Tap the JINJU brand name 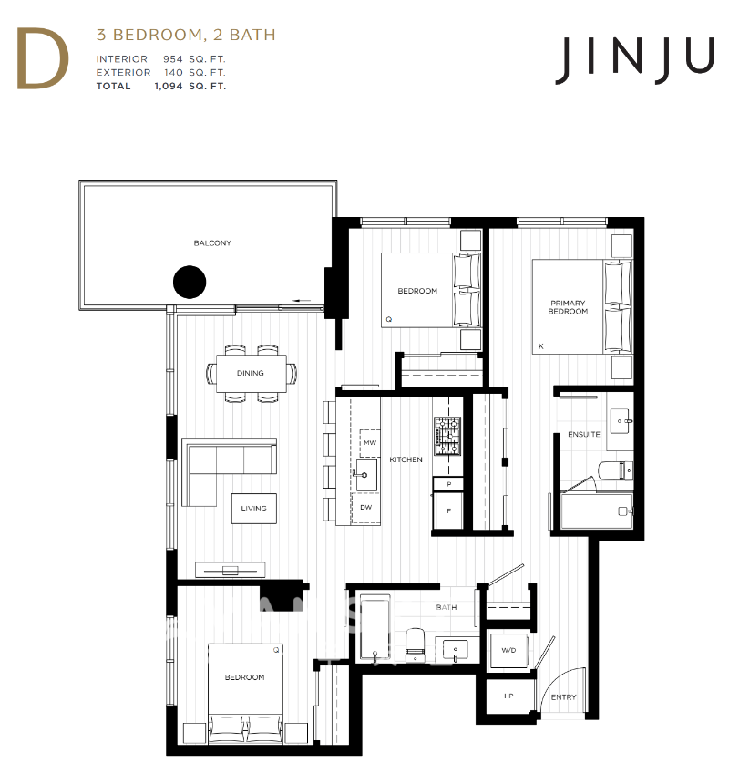(x=634, y=60)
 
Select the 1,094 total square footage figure (x=169, y=86)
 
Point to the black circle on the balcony (x=190, y=282)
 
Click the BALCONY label (x=212, y=242)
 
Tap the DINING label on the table (x=251, y=373)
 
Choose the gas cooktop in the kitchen (x=447, y=436)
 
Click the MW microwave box (x=370, y=443)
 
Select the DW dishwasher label (x=365, y=507)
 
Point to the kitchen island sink (x=364, y=475)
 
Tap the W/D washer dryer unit (x=508, y=651)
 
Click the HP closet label (x=508, y=696)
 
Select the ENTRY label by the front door (x=564, y=696)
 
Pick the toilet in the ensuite (x=616, y=470)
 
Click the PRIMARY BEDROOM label (x=568, y=307)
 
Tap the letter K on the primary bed (x=540, y=346)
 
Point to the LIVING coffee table (x=254, y=509)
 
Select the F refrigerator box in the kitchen (x=448, y=510)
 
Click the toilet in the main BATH (x=416, y=644)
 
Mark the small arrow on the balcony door (x=302, y=300)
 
